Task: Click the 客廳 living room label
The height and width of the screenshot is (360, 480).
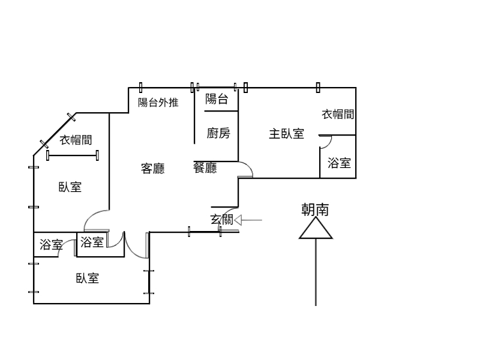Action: pyautogui.click(x=153, y=169)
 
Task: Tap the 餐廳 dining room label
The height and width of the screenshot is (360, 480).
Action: pyautogui.click(x=205, y=168)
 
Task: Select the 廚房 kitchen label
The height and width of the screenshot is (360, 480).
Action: pyautogui.click(x=218, y=133)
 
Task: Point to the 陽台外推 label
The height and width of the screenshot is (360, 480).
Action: pyautogui.click(x=158, y=102)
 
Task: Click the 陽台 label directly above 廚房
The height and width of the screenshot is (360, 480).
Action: pyautogui.click(x=217, y=99)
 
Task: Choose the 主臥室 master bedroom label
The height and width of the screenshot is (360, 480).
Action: pyautogui.click(x=286, y=133)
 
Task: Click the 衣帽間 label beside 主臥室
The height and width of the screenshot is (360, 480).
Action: pyautogui.click(x=338, y=114)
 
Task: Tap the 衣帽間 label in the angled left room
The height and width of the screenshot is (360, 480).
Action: pyautogui.click(x=76, y=140)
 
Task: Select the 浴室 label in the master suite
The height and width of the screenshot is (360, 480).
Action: pyautogui.click(x=339, y=163)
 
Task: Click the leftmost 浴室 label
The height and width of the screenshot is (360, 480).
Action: pyautogui.click(x=51, y=244)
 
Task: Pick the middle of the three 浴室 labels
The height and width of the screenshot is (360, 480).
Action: pyautogui.click(x=92, y=242)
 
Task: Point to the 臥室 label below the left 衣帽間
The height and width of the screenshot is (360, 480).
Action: pyautogui.click(x=70, y=187)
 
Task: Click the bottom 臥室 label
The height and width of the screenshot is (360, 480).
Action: pyautogui.click(x=88, y=278)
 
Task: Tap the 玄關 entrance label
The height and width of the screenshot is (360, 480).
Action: pyautogui.click(x=222, y=220)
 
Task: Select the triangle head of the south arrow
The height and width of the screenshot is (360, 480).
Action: pyautogui.click(x=316, y=229)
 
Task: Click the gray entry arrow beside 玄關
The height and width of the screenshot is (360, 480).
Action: pyautogui.click(x=248, y=220)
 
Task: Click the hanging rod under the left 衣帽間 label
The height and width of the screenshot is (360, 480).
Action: pyautogui.click(x=73, y=156)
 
